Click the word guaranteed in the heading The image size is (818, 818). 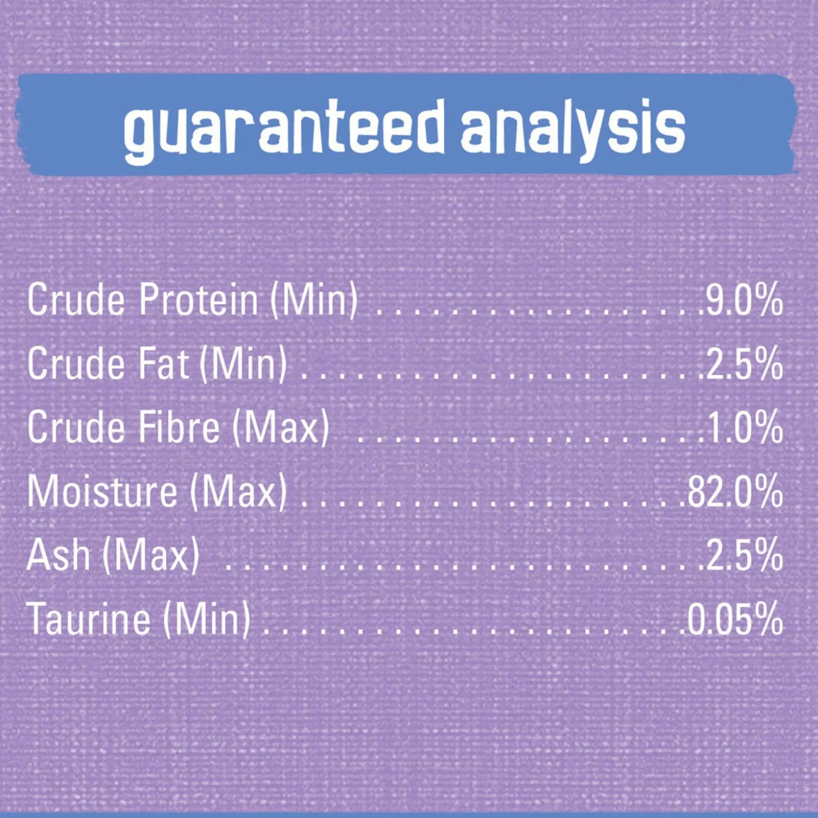[x=284, y=131]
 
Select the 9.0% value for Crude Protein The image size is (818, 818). [x=743, y=300]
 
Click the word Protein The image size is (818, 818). [x=199, y=300]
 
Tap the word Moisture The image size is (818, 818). [x=103, y=491]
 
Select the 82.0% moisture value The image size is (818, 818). [x=735, y=491]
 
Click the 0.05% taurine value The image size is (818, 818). [x=735, y=619]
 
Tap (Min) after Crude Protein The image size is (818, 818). [x=314, y=301]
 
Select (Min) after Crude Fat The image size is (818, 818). [x=243, y=365]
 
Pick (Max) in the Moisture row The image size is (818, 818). [x=239, y=492]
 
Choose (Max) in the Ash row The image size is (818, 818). [x=151, y=556]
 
